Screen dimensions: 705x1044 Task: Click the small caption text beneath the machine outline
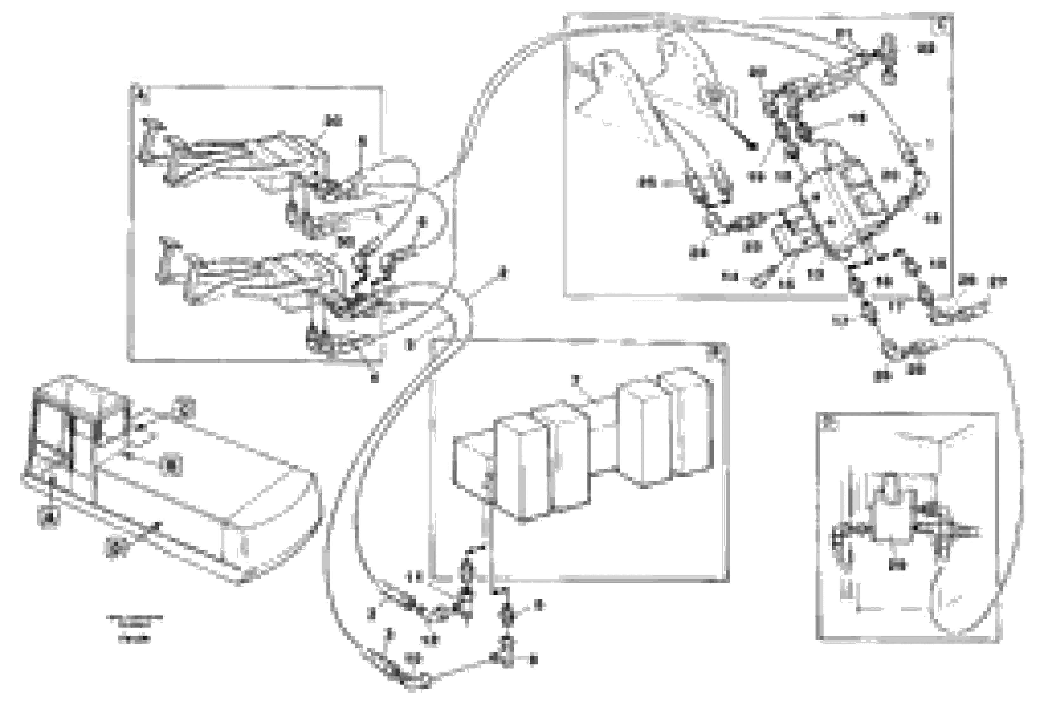click(134, 628)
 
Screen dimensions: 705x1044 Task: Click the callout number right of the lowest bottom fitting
click(533, 660)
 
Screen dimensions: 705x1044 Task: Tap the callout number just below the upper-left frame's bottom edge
click(374, 378)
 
